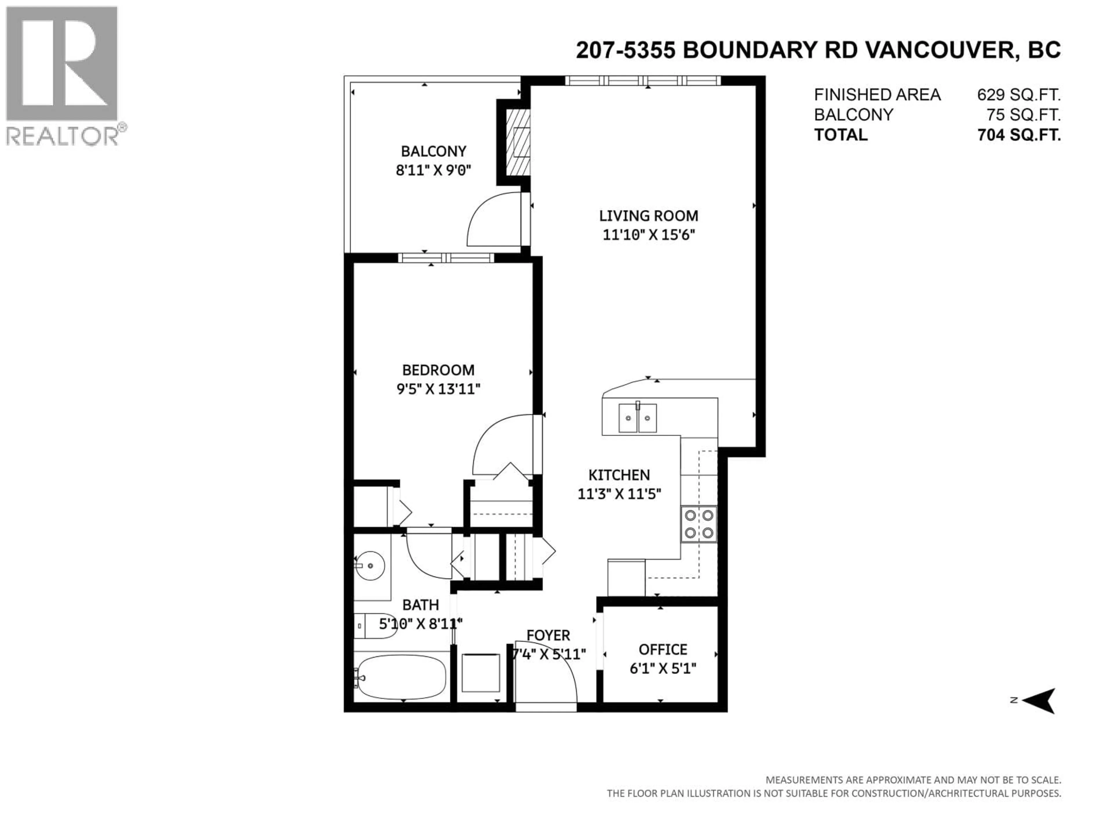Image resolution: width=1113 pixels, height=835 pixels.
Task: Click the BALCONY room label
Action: click(433, 151)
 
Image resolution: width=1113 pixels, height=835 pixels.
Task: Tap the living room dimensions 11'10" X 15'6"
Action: click(649, 235)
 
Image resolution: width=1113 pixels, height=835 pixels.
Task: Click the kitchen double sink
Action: click(637, 418)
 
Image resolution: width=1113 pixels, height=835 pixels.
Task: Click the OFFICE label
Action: click(663, 649)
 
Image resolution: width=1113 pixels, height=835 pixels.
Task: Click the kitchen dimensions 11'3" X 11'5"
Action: click(619, 494)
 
